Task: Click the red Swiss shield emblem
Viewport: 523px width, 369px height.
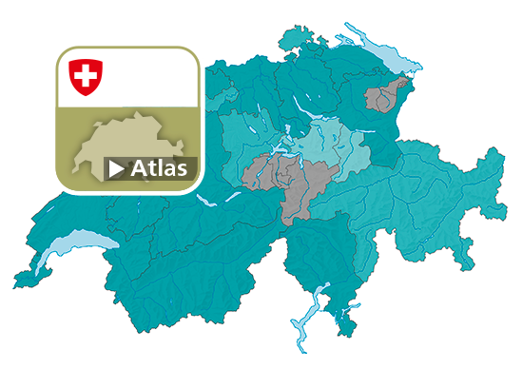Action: tap(87, 77)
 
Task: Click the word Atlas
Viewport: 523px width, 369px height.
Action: tap(159, 168)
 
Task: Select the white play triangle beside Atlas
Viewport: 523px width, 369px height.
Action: tap(116, 169)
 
